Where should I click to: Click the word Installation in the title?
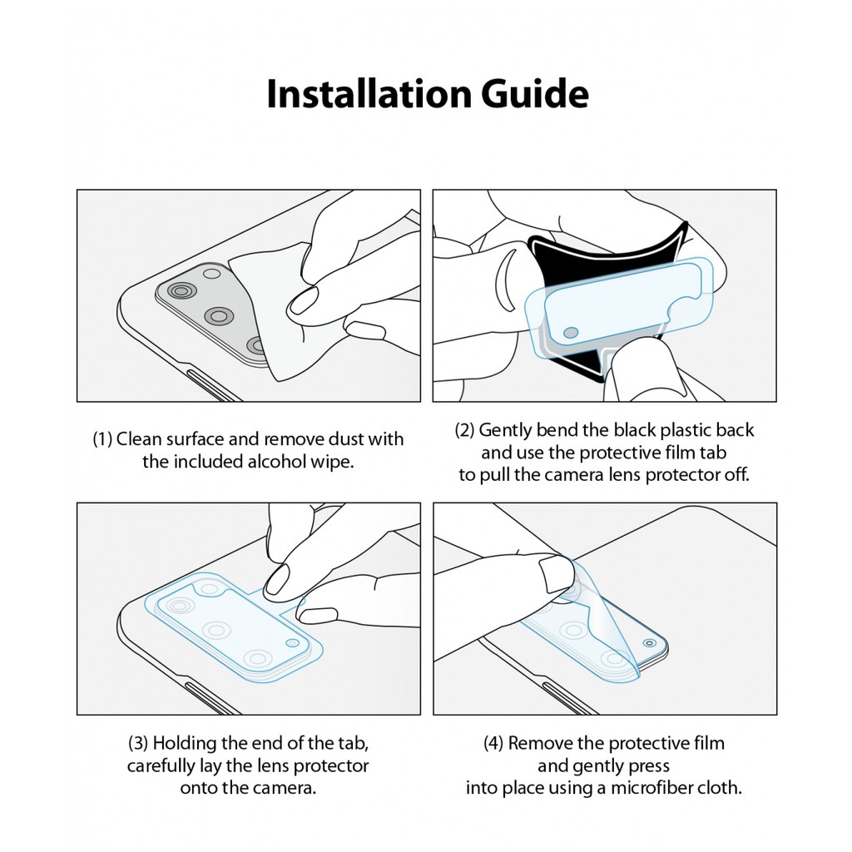(x=369, y=94)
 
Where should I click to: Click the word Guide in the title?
(x=535, y=94)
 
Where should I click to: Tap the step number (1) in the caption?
(x=102, y=439)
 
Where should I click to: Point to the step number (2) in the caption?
(x=464, y=430)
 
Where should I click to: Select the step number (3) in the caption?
(x=138, y=743)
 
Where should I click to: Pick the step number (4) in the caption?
(x=493, y=743)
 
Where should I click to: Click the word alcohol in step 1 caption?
(x=276, y=461)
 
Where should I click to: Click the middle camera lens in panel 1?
(x=220, y=315)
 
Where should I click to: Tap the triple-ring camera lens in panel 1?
(x=181, y=292)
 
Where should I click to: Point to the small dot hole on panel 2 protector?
(x=571, y=332)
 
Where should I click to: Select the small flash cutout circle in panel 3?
(x=292, y=643)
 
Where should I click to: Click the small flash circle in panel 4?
(x=649, y=643)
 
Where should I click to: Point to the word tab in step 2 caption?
(x=713, y=452)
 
